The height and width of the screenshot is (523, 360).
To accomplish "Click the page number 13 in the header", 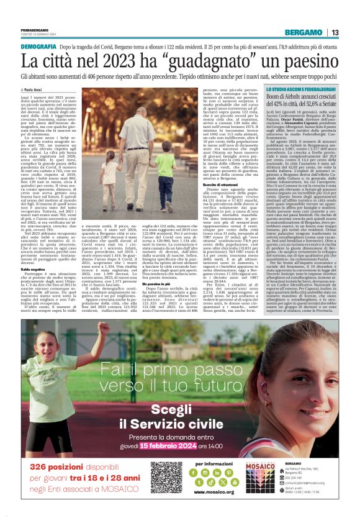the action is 335,33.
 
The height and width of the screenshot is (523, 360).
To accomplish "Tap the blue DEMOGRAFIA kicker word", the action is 38,47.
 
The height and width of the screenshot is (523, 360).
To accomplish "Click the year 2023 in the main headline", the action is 105,61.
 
